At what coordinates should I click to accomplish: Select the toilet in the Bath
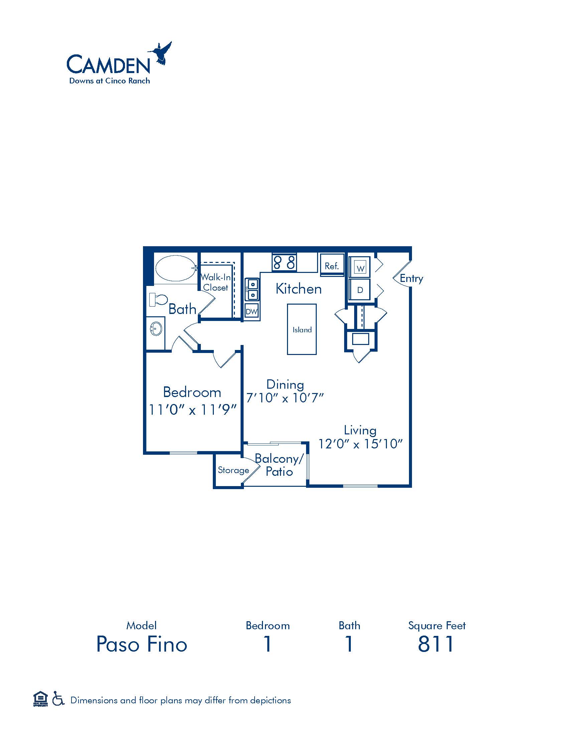point(158,300)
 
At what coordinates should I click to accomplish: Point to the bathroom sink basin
point(156,328)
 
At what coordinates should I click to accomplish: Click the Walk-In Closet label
point(216,282)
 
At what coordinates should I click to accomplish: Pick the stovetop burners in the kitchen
point(284,262)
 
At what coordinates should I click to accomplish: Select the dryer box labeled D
point(360,289)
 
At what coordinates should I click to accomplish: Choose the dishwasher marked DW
point(251,311)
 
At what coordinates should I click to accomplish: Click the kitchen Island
point(302,329)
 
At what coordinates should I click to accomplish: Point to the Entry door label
point(411,279)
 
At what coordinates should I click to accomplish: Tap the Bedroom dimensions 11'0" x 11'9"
point(193,410)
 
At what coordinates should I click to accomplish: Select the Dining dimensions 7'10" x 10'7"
point(285,398)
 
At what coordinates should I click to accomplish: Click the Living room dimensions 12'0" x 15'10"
point(361,444)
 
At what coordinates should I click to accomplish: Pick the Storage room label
point(234,470)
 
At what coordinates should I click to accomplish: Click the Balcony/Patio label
point(279,465)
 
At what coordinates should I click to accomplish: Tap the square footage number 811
point(436,644)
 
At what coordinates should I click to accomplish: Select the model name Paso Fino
point(142,644)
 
